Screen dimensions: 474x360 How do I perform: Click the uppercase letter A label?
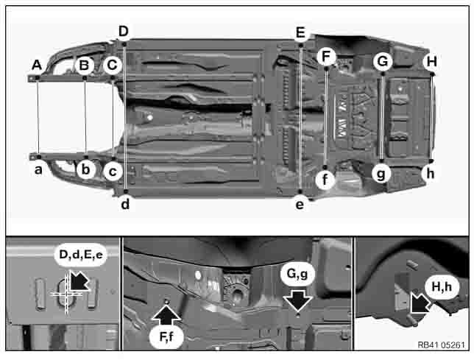tap(37, 65)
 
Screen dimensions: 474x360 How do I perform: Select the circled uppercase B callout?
tap(85, 65)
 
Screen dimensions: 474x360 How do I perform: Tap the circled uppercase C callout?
tap(112, 65)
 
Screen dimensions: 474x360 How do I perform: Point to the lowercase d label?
tap(125, 205)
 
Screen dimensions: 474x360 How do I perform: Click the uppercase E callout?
tap(300, 32)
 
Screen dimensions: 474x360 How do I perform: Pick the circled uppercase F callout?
tap(326, 57)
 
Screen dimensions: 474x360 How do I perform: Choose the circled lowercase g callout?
tap(381, 174)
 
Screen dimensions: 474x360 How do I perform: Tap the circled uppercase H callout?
tap(431, 62)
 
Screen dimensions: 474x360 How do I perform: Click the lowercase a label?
tap(38, 170)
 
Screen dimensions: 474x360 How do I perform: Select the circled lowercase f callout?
tap(325, 180)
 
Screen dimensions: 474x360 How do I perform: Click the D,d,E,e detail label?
tap(81, 255)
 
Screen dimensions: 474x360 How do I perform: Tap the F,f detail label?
tap(166, 336)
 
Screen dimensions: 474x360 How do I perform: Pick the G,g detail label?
tap(297, 274)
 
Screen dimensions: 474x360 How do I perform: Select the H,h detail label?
tap(442, 286)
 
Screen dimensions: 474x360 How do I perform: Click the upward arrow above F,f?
tap(166, 316)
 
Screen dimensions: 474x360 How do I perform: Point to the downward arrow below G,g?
tap(298, 300)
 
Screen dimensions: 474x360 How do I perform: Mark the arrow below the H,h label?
tap(420, 303)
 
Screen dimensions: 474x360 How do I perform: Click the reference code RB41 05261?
tap(441, 345)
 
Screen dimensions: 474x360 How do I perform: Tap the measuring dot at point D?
tap(124, 44)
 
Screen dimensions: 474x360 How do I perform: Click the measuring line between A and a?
tap(38, 117)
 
